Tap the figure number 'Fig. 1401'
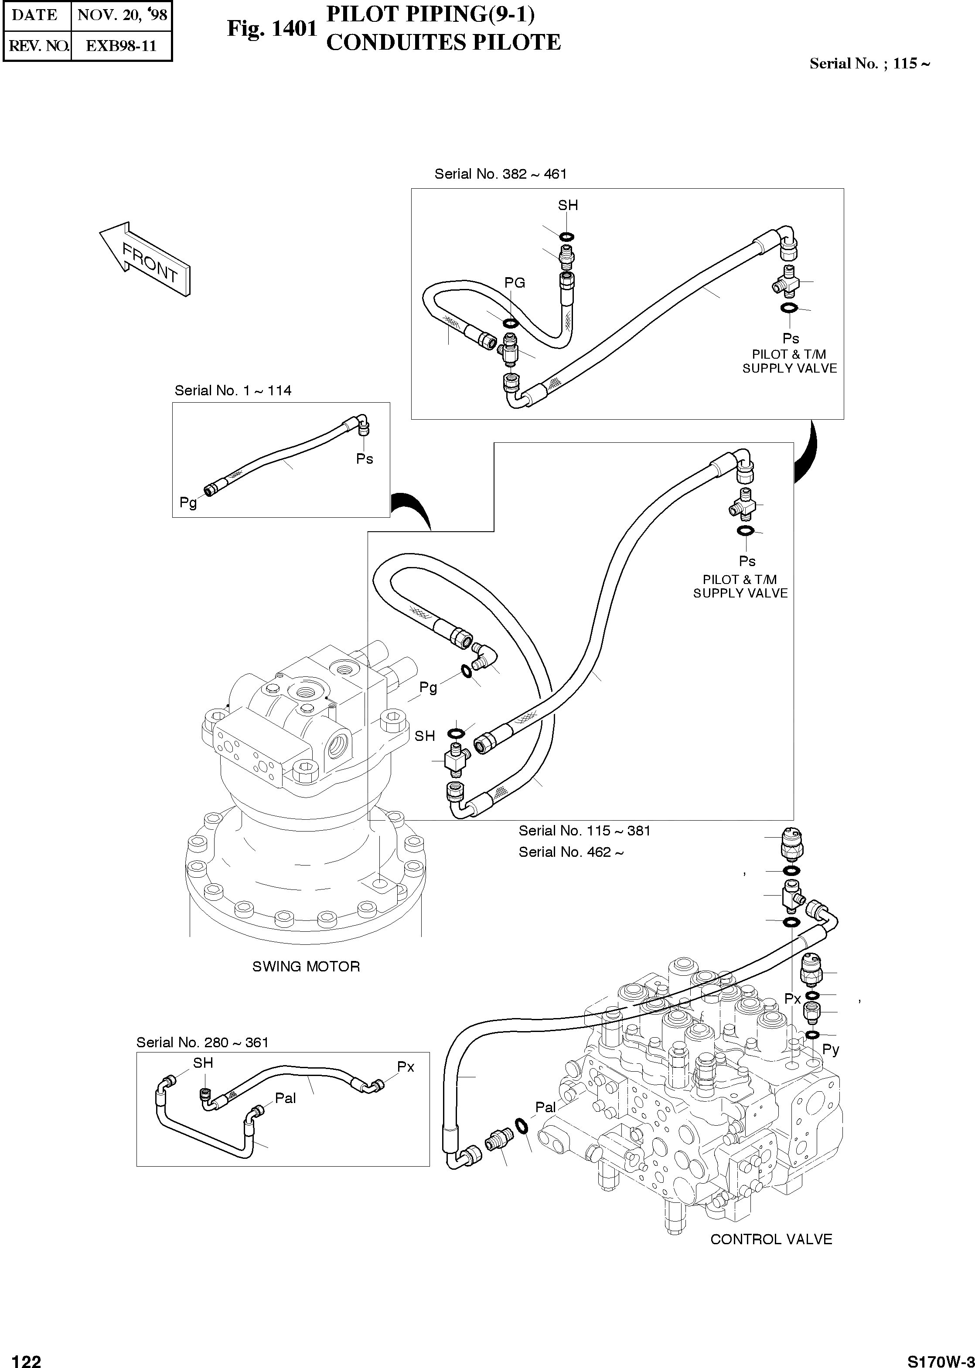click(x=271, y=28)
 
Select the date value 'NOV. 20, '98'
click(x=122, y=15)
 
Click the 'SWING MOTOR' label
click(x=306, y=967)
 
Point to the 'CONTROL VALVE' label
click(x=771, y=1239)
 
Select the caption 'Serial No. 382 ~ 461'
click(x=500, y=174)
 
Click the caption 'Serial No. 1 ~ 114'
click(x=233, y=390)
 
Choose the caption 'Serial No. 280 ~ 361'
click(x=202, y=1042)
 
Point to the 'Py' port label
click(x=830, y=1049)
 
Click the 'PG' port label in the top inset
click(x=515, y=282)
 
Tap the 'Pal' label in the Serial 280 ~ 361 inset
click(x=285, y=1098)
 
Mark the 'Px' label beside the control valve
click(x=792, y=999)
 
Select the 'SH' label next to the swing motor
click(x=424, y=736)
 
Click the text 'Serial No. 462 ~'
click(x=571, y=852)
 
